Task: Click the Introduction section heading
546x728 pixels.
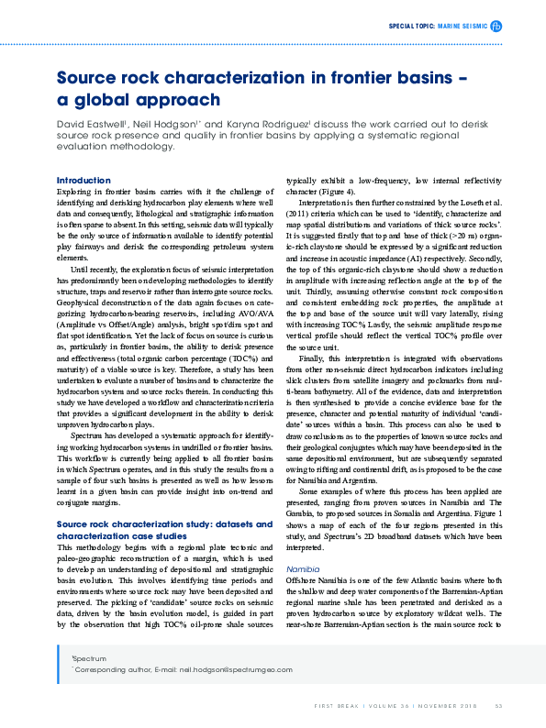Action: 84,180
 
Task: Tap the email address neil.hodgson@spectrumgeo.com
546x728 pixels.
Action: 207,669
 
